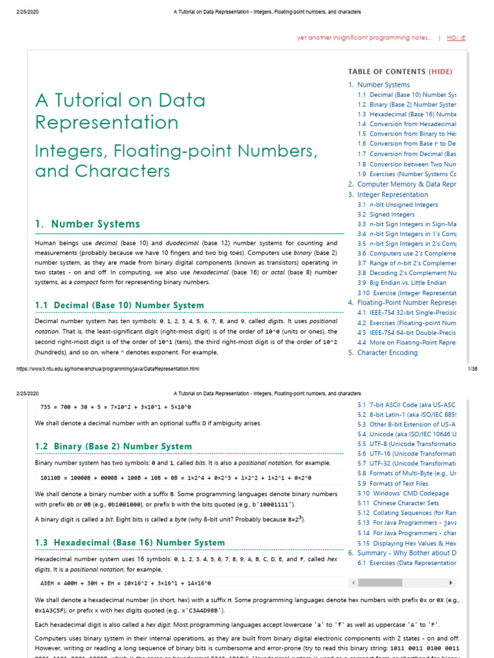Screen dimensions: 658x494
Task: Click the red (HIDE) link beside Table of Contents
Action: click(441, 72)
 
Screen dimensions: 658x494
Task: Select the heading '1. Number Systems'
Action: click(87, 224)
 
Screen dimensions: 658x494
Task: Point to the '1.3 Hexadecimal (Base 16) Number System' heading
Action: click(130, 543)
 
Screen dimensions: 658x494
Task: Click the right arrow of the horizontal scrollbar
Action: click(451, 583)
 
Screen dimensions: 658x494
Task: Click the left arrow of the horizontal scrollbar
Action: click(352, 583)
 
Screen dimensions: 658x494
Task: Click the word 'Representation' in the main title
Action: click(106, 123)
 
